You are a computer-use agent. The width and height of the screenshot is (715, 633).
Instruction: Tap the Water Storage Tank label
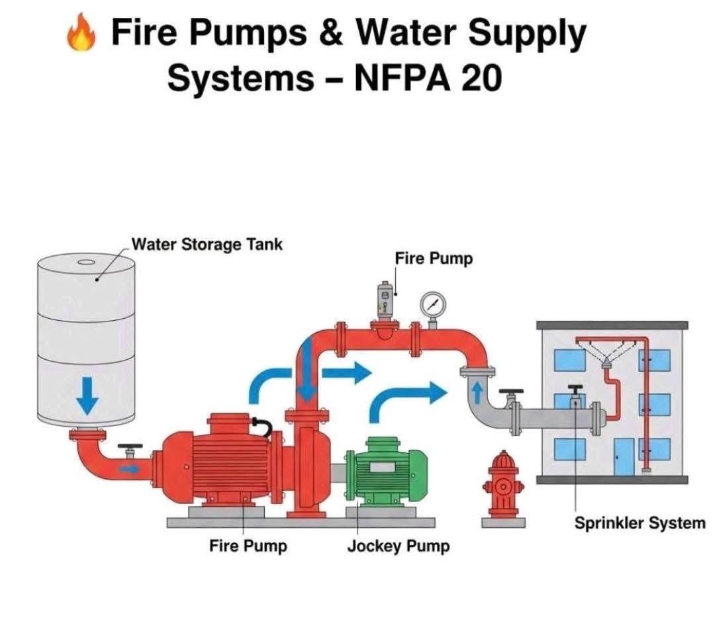pos(207,244)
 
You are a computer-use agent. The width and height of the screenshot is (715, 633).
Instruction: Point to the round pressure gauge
pos(433,305)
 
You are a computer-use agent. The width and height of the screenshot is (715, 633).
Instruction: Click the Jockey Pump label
pos(398,547)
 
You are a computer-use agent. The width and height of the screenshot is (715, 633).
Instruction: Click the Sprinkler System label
pos(639,524)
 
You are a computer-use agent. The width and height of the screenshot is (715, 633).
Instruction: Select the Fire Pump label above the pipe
pos(434,258)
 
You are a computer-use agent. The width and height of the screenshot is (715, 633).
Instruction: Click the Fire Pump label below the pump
pos(248,546)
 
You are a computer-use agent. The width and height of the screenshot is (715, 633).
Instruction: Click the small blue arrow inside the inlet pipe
pos(133,469)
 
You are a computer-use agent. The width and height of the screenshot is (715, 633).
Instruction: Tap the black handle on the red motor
pos(262,427)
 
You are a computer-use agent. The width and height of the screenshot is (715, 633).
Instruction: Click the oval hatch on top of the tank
pos(86,262)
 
